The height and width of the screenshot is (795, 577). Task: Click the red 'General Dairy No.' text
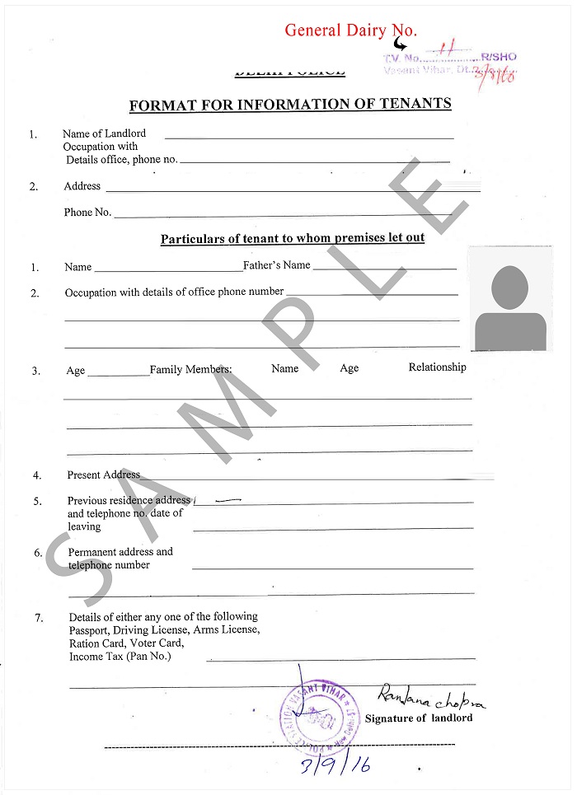click(x=350, y=30)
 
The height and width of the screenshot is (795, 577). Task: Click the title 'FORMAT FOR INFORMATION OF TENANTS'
click(x=290, y=105)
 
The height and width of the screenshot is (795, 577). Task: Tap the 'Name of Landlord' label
click(x=104, y=133)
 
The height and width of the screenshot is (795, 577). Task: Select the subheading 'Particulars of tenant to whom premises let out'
click(x=293, y=239)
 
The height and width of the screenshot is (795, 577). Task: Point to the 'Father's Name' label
click(x=277, y=265)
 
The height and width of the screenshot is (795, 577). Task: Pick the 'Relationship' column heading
click(x=437, y=367)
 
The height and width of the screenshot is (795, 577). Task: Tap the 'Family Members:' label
click(x=190, y=371)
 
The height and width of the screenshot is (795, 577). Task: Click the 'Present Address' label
click(x=104, y=475)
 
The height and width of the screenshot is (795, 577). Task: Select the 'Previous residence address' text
click(x=129, y=501)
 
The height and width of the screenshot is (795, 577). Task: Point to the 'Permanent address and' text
click(x=120, y=552)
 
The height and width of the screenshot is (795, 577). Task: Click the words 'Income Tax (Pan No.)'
click(x=120, y=657)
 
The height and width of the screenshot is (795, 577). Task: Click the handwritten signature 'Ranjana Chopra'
click(x=430, y=699)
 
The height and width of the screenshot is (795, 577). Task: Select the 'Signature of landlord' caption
click(x=419, y=718)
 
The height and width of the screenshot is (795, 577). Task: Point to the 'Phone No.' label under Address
click(x=87, y=213)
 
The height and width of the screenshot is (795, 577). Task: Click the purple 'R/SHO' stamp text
click(x=500, y=57)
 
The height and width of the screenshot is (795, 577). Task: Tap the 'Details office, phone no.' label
click(x=122, y=160)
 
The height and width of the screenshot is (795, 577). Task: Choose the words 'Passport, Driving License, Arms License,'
click(x=164, y=630)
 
